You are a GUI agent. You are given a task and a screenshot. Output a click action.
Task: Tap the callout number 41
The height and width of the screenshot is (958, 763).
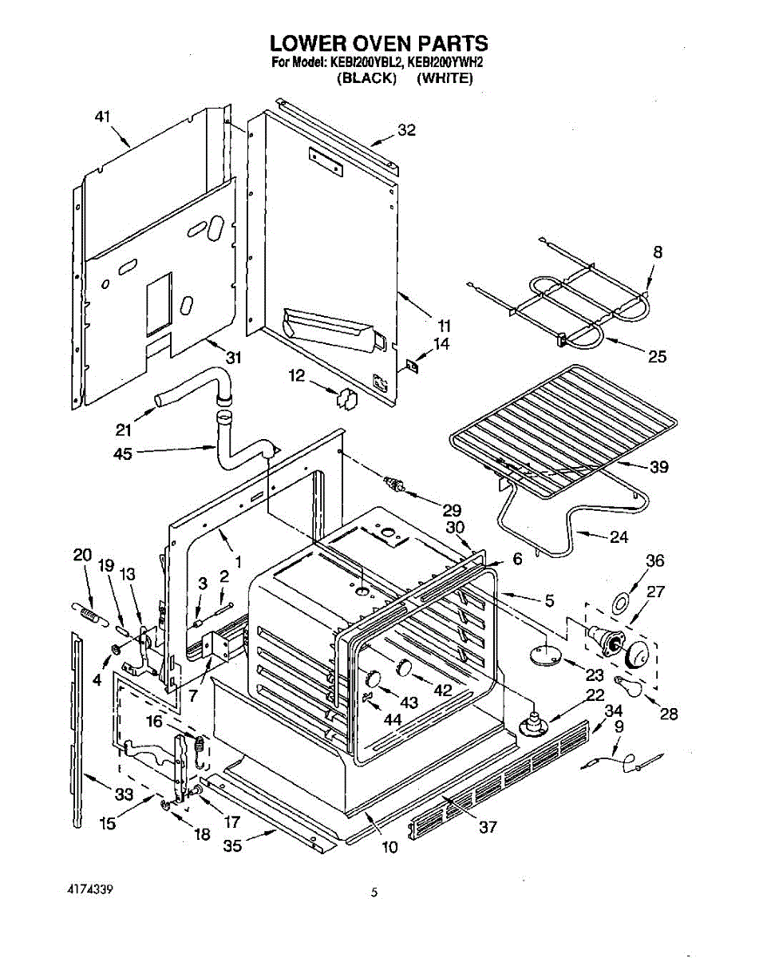[102, 117]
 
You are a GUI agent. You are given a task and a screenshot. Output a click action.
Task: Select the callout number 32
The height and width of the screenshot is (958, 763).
[406, 130]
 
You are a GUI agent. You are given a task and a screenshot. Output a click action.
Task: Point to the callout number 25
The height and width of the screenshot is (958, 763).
[657, 356]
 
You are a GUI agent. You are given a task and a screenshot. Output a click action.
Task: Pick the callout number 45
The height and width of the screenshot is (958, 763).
[123, 453]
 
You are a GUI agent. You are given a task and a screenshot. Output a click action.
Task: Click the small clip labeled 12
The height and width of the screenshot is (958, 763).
[346, 399]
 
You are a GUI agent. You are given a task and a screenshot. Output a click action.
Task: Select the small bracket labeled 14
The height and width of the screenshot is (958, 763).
[412, 367]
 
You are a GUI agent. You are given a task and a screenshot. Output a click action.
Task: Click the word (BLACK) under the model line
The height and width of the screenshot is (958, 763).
[366, 78]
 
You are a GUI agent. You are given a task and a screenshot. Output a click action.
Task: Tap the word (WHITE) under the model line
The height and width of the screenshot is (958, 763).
[445, 78]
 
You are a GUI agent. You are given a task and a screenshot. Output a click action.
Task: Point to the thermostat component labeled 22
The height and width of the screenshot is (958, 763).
[532, 724]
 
